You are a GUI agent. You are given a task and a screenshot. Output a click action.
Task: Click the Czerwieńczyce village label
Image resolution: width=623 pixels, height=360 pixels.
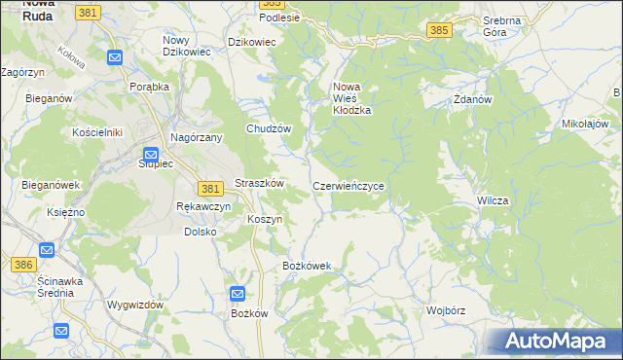tap(353, 185)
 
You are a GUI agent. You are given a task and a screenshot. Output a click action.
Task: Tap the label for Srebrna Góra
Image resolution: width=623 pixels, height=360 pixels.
tap(501, 26)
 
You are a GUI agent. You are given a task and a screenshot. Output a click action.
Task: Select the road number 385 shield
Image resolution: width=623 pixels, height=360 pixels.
tap(438, 31)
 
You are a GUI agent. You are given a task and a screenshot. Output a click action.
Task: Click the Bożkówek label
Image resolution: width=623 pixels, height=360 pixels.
tap(307, 266)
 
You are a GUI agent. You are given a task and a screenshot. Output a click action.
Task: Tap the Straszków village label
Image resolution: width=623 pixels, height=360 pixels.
tap(259, 184)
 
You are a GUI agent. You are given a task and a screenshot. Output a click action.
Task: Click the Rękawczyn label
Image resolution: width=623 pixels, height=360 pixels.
tap(203, 207)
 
